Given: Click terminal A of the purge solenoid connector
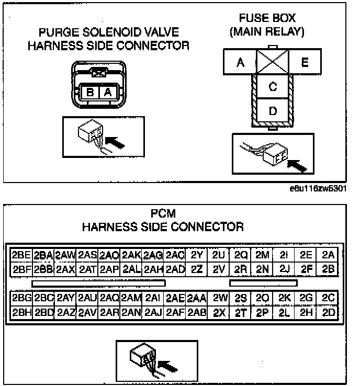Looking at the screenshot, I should click(x=107, y=93).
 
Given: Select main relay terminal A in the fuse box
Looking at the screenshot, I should click(x=240, y=63).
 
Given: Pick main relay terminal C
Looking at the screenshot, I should click(x=272, y=87).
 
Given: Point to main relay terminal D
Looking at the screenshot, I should click(x=272, y=111).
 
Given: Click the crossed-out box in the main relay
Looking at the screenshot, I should click(x=272, y=63).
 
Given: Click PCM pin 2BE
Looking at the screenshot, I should click(x=21, y=255).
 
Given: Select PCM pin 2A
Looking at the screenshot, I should click(x=328, y=255).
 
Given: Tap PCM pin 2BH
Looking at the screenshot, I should click(x=21, y=313).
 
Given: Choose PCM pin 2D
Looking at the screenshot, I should click(x=328, y=313).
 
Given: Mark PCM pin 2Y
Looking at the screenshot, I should click(x=197, y=255).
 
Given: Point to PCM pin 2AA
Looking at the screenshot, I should click(x=197, y=298).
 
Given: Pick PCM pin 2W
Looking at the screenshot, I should click(x=219, y=298).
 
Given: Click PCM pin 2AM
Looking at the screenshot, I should click(x=131, y=298).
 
